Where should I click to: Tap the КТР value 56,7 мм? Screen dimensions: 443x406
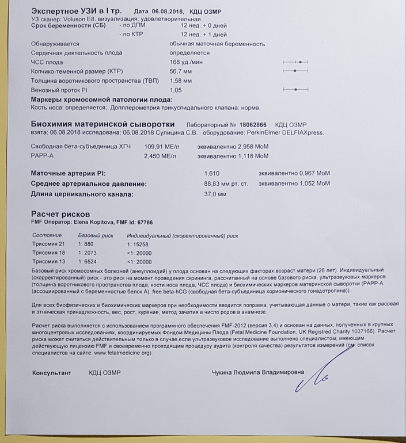coord(180,71)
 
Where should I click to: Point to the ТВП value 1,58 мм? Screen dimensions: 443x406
coord(180,81)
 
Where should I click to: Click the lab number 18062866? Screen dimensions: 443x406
coord(253,124)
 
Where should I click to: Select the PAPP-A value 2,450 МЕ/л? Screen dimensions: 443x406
coord(160,156)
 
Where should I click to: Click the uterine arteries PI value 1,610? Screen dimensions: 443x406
coord(212,173)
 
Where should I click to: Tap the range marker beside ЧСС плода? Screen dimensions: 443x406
coord(295,62)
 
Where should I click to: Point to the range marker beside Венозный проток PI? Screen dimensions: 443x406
coord(295,90)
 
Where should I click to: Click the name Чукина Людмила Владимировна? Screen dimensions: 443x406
coord(259,373)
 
